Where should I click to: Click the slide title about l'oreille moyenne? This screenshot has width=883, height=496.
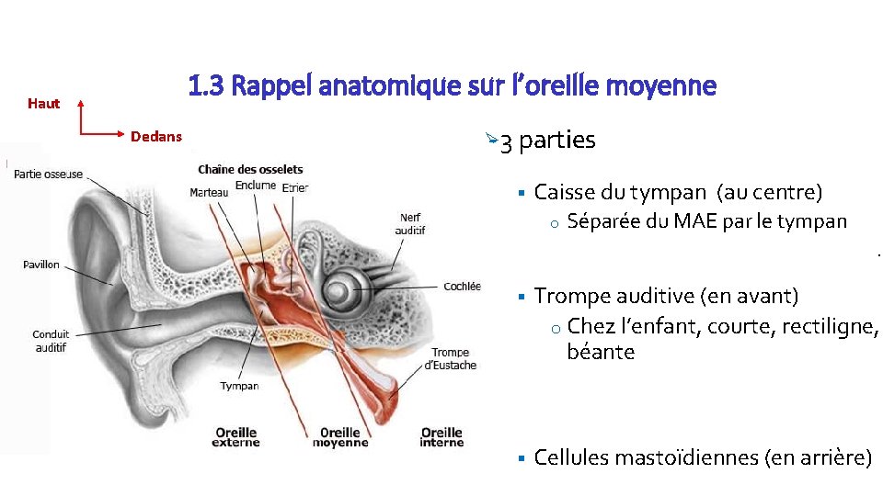[452, 86]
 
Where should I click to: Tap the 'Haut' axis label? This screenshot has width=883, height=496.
[43, 104]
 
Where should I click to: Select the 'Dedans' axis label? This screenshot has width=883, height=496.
[156, 137]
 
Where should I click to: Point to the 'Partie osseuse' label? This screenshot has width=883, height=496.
[49, 175]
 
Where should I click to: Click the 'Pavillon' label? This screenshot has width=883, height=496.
[41, 265]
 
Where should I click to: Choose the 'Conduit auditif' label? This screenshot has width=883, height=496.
[51, 341]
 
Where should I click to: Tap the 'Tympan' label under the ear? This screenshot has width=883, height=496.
[239, 386]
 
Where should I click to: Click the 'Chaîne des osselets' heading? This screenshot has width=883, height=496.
[250, 169]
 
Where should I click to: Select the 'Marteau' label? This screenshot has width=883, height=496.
[209, 192]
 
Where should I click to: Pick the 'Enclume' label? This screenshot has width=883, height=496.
[255, 186]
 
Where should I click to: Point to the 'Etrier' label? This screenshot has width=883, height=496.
[295, 188]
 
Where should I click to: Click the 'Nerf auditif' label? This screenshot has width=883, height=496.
[410, 223]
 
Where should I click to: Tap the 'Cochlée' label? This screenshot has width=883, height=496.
[462, 287]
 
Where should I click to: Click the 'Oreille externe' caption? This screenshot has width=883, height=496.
[236, 437]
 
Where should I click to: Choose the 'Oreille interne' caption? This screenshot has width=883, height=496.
[441, 437]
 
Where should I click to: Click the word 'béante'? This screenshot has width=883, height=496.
[601, 352]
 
